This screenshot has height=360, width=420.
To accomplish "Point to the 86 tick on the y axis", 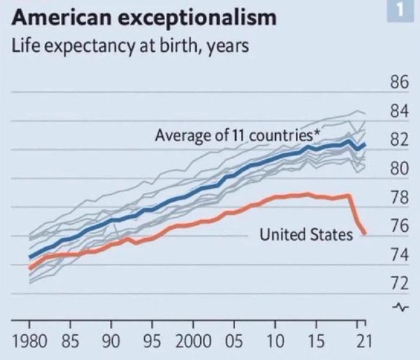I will (x=398, y=84).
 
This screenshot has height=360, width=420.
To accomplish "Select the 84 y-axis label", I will (x=398, y=112).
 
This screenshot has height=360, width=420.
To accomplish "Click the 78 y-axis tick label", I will (x=398, y=198).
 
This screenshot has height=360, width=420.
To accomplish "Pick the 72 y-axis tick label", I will (x=398, y=284).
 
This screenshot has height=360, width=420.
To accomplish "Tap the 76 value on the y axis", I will (x=398, y=226).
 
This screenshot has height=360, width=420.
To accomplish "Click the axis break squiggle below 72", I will (x=400, y=306).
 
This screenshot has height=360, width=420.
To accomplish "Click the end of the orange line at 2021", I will (x=365, y=233).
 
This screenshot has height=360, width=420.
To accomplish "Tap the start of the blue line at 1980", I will (x=30, y=257).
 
